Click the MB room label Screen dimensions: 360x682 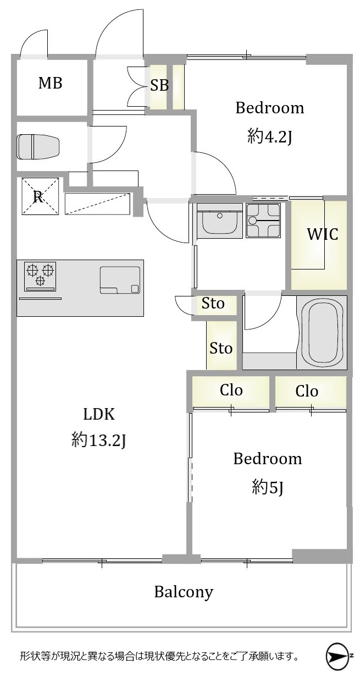pyautogui.click(x=50, y=83)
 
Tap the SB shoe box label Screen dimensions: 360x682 pyautogui.click(x=159, y=85)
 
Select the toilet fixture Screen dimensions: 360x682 pyautogui.click(x=38, y=147)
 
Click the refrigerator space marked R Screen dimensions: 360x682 pyautogui.click(x=40, y=196)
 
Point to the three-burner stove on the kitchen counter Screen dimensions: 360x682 pyautogui.click(x=40, y=276)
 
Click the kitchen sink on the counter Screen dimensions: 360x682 pyautogui.click(x=120, y=280)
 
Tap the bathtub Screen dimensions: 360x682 pyautogui.click(x=322, y=332)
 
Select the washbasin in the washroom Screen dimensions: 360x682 pyautogui.click(x=219, y=221)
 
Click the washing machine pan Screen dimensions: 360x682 pyautogui.click(x=263, y=221)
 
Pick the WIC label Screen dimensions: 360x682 pyautogui.click(x=323, y=234)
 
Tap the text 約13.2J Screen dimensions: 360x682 pyautogui.click(x=98, y=439)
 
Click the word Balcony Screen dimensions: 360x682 pyautogui.click(x=184, y=592)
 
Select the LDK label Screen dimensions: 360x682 pyautogui.click(x=99, y=414)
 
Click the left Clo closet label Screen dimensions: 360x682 pyautogui.click(x=231, y=391)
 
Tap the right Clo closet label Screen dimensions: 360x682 pyautogui.click(x=307, y=391)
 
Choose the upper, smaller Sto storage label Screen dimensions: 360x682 pyautogui.click(x=213, y=303)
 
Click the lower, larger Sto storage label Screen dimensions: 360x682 pyautogui.click(x=221, y=348)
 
